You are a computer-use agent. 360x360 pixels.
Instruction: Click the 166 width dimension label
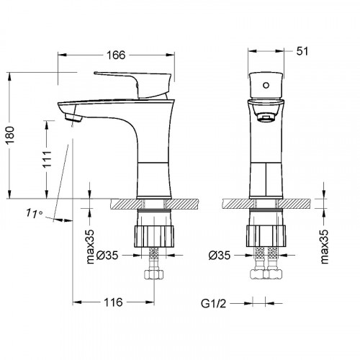click(x=116, y=55)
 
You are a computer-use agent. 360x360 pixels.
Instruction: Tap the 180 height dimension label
click(x=10, y=135)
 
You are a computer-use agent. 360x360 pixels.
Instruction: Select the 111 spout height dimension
click(x=48, y=159)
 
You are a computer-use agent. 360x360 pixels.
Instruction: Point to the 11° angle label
click(x=35, y=213)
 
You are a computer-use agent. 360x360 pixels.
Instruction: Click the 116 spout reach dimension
click(x=113, y=302)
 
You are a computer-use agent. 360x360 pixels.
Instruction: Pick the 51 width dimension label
click(x=302, y=51)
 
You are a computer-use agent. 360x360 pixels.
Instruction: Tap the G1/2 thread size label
click(x=214, y=304)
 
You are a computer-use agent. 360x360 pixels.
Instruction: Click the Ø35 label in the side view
click(x=108, y=256)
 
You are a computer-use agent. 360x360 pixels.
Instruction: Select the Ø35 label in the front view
click(x=220, y=256)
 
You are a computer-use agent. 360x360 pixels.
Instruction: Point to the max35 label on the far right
click(x=324, y=247)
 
